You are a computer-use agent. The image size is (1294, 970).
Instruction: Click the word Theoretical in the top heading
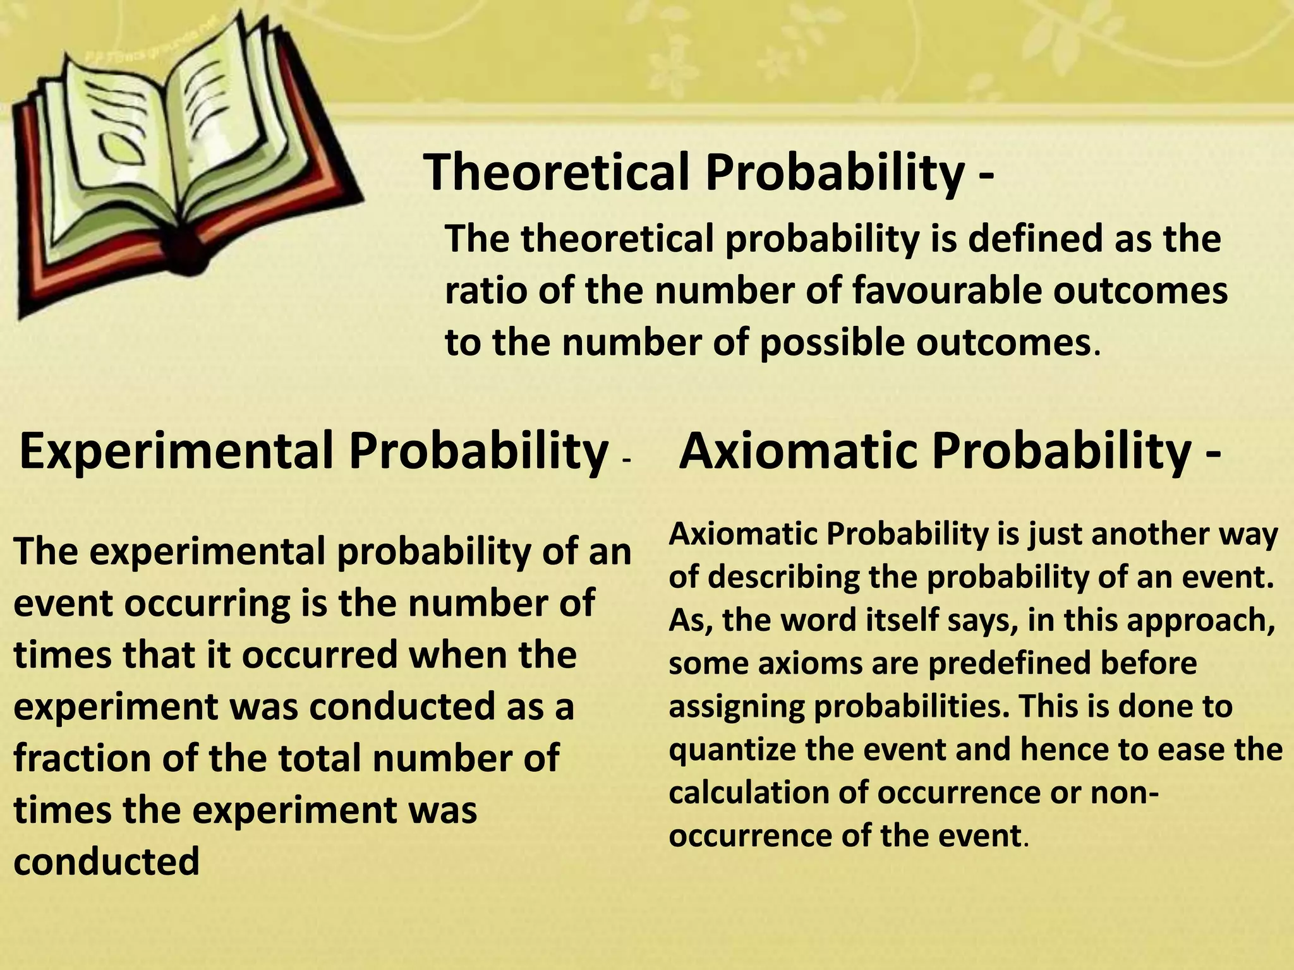[556, 172]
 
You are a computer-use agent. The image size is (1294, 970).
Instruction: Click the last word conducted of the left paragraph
[106, 861]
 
